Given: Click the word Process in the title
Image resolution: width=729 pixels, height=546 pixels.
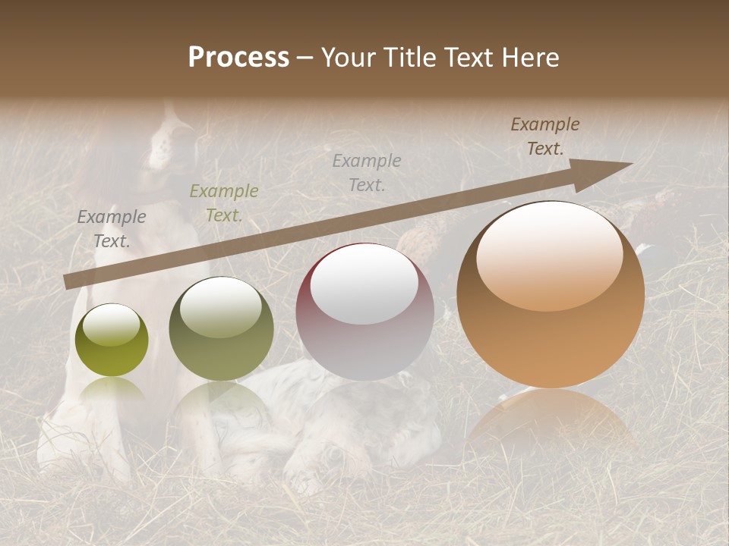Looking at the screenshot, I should (x=238, y=58).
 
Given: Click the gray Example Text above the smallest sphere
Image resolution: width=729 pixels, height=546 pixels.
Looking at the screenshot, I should (x=112, y=228).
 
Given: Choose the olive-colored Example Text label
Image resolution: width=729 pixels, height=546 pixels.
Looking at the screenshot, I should (x=223, y=202).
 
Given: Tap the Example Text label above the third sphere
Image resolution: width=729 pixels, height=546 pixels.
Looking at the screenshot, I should (x=367, y=172).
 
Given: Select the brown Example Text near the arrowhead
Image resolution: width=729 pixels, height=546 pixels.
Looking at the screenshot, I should (x=545, y=136).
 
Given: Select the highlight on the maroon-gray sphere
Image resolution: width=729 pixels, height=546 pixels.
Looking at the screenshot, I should (x=364, y=288).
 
